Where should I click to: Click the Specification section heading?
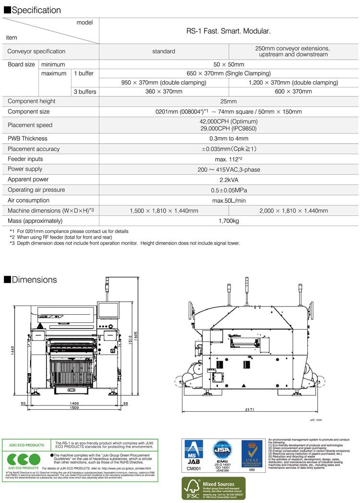pyautogui.click(x=33, y=10)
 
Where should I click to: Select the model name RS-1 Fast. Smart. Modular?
pyautogui.click(x=228, y=31)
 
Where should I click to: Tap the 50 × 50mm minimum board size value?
pyautogui.click(x=228, y=64)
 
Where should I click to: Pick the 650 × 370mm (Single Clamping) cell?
pyautogui.click(x=228, y=74)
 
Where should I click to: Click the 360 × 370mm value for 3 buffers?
pyautogui.click(x=164, y=91)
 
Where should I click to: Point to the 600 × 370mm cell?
pyautogui.click(x=293, y=91)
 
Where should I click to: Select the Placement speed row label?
pyautogui.click(x=29, y=125)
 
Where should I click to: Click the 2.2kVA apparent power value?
pyautogui.click(x=228, y=179)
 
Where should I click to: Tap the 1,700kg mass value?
pyautogui.click(x=228, y=221)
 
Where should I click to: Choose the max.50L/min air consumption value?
pyautogui.click(x=228, y=200)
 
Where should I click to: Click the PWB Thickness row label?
pyautogui.click(x=27, y=139)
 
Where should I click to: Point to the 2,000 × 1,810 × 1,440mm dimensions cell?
pyautogui.click(x=293, y=210)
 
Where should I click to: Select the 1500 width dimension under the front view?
pyautogui.click(x=72, y=407)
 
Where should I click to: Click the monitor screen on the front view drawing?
pyautogui.click(x=107, y=311)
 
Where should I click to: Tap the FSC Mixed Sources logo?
pyautogui.click(x=213, y=489)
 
